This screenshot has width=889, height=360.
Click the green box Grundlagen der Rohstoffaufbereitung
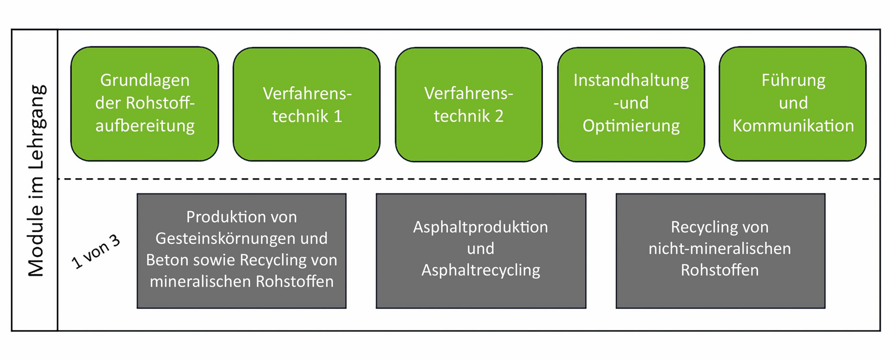[x=145, y=104]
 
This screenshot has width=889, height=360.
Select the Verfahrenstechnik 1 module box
[x=307, y=104]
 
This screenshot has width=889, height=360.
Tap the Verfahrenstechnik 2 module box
[x=469, y=104]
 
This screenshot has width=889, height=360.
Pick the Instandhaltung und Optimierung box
[x=631, y=104]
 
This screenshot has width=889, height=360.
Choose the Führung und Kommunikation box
[x=793, y=104]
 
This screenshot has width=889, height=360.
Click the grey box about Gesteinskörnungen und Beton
[x=242, y=251]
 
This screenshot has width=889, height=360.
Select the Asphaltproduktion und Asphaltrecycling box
[x=481, y=251]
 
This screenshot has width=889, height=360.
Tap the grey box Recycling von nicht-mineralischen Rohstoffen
[x=720, y=251]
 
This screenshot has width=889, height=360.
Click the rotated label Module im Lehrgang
[x=37, y=181]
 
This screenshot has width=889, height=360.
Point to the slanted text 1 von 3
[x=96, y=252]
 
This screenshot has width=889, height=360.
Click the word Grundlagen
[x=145, y=81]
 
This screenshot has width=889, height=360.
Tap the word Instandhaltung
[x=631, y=81]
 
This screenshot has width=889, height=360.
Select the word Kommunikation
[x=793, y=126]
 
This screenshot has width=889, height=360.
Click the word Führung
[x=793, y=81]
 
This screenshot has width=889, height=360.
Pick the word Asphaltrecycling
[x=481, y=271]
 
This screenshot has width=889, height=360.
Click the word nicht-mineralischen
[x=720, y=249]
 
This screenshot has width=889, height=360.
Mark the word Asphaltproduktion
[x=481, y=227]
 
